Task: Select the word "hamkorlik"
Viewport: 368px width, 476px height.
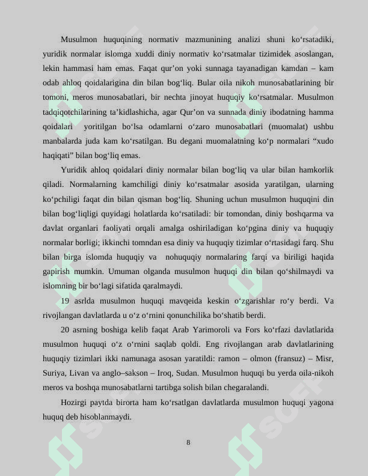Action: [314, 170]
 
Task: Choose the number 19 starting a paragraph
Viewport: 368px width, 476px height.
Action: [66, 301]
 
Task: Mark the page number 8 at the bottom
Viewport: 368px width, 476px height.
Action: [188, 442]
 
